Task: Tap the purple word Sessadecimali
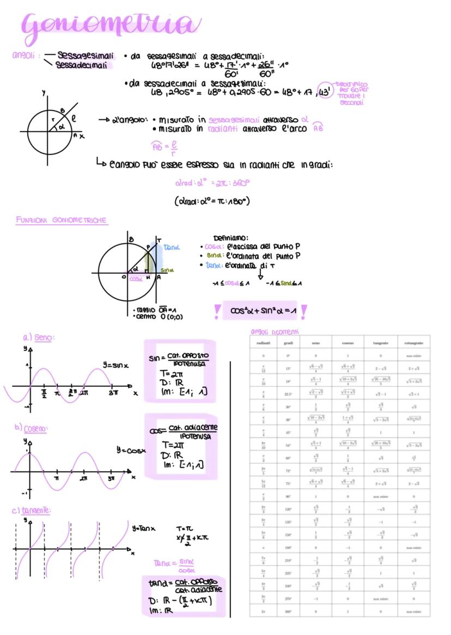(82, 65)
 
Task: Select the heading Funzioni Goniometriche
(61, 220)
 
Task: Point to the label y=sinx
(115, 365)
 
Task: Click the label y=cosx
(130, 450)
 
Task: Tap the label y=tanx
(144, 528)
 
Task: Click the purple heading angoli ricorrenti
(275, 331)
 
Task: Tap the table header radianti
(264, 343)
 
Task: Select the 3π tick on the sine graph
(112, 393)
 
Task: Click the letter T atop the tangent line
(159, 239)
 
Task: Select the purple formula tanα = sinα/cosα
(174, 566)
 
